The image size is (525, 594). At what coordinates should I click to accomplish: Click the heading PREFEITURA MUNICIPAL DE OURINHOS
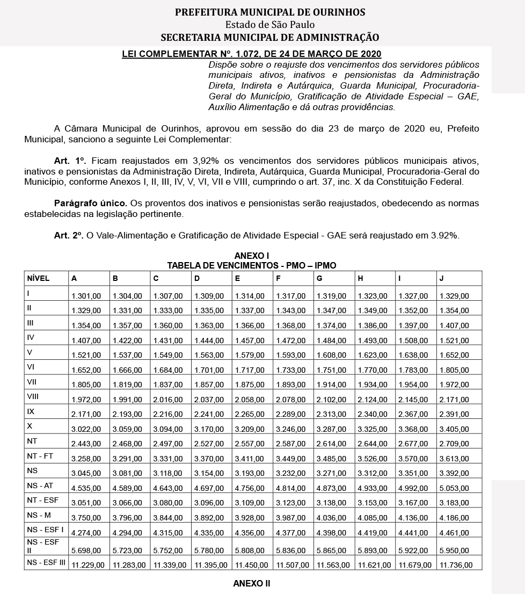pyautogui.click(x=270, y=12)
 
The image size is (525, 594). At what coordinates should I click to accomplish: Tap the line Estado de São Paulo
pyautogui.click(x=270, y=25)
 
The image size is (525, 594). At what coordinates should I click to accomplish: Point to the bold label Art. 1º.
pyautogui.click(x=70, y=161)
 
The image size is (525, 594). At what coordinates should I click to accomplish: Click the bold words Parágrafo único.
pyautogui.click(x=90, y=204)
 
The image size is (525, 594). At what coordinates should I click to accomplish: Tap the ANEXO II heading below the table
pyautogui.click(x=252, y=583)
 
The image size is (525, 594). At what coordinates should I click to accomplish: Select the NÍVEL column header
pyautogui.click(x=38, y=278)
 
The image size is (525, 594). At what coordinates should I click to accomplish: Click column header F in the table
pyautogui.click(x=278, y=278)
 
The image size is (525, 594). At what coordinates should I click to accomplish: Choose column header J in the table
pyautogui.click(x=441, y=278)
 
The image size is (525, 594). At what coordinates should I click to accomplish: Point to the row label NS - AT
pyautogui.click(x=40, y=486)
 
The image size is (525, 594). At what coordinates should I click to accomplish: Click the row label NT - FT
pyautogui.click(x=40, y=455)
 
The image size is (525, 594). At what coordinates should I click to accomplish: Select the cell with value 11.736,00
pyautogui.click(x=456, y=565)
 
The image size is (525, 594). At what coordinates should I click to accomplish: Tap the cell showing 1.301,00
pyautogui.click(x=86, y=296)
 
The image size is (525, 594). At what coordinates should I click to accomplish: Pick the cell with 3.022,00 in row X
pyautogui.click(x=86, y=429)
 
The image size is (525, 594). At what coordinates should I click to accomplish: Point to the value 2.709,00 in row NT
pyautogui.click(x=454, y=444)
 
